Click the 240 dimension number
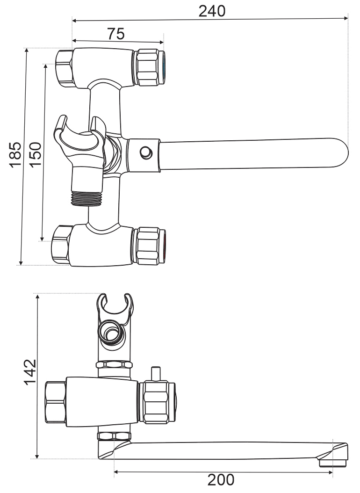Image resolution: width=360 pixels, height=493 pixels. tap(212, 11)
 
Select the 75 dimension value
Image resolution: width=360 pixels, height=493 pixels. tap(116, 34)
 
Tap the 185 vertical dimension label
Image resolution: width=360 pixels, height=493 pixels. tap(15, 155)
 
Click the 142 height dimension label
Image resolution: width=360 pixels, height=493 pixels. tap(30, 372)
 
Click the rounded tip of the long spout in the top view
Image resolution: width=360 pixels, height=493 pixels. tap(344, 153)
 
